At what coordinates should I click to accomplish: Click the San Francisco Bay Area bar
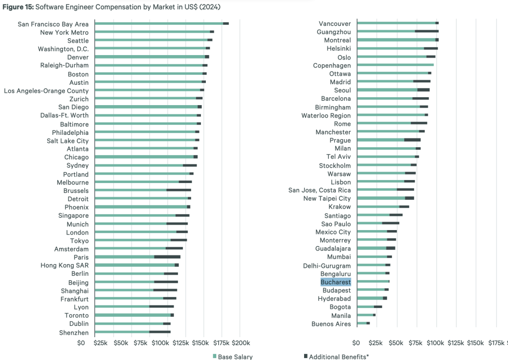coord(161,23)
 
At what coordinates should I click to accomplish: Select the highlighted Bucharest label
coord(336,282)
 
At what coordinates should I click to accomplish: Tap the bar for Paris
coord(137,257)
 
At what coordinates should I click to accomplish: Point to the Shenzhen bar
coord(132,332)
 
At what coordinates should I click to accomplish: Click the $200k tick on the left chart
coord(240,343)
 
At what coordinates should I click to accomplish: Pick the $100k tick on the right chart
coord(436,343)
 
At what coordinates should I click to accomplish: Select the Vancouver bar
coord(397,23)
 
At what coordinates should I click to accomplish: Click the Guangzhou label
coord(333,32)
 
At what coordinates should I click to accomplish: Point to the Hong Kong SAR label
coord(64,265)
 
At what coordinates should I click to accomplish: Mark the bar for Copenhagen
coord(395,65)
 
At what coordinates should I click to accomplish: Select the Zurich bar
coord(148,98)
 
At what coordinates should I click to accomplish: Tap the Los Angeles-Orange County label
coord(46,91)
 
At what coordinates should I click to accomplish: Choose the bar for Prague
coord(388,140)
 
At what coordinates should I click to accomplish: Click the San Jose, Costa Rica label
coord(319,190)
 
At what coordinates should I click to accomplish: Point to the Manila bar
coord(366,315)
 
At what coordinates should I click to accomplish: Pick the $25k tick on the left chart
coord(102,343)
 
